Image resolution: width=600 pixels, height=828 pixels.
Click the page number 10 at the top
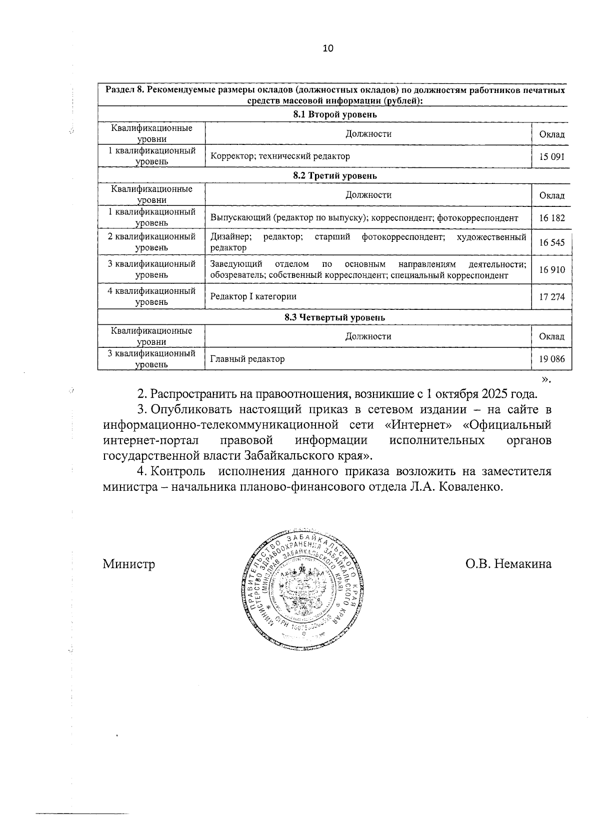tap(328, 48)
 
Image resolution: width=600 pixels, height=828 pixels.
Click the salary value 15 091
tap(551, 156)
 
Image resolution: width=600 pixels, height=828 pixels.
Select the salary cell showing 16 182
tap(551, 218)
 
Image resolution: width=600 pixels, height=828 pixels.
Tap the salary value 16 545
tap(551, 242)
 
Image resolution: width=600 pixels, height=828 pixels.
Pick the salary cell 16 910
tap(551, 270)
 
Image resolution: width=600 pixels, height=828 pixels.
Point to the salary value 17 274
tap(551, 297)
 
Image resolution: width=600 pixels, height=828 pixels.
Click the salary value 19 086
tap(551, 359)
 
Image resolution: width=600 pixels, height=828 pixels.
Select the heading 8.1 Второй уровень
tap(334, 114)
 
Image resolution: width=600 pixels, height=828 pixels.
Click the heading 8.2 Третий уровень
tap(334, 176)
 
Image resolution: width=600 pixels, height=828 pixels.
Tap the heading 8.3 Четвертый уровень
tap(334, 317)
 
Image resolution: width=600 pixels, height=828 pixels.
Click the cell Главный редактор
tap(247, 359)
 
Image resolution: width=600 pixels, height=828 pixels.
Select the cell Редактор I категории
tap(253, 296)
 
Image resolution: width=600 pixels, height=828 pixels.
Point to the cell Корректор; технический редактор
tap(280, 156)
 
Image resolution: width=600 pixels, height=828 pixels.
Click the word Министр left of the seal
tap(128, 564)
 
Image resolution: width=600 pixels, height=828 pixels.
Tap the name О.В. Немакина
tap(508, 564)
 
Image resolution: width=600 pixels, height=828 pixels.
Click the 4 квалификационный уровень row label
tap(151, 296)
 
